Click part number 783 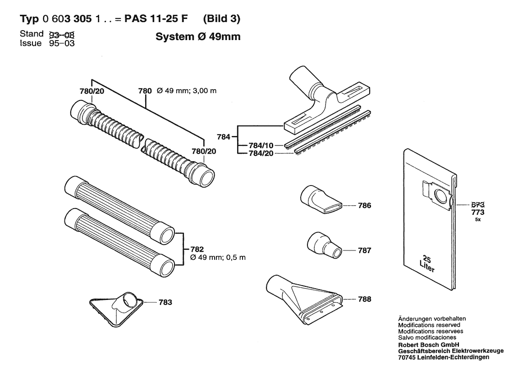165,302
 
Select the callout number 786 365,205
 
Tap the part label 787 365,250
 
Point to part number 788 365,299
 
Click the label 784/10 261,145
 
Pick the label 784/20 261,154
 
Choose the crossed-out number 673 477,205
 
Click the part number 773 477,212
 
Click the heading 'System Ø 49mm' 198,36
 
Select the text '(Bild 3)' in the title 222,18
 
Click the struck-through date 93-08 62,34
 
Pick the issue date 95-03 62,43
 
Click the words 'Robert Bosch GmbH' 429,345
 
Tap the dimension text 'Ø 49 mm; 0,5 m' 218,258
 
